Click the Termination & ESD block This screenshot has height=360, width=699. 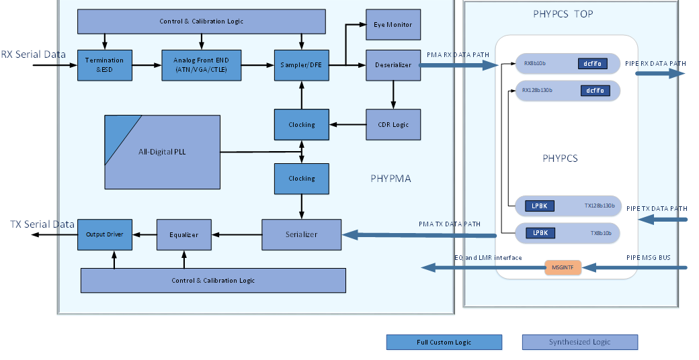(x=105, y=65)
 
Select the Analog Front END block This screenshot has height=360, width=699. (x=202, y=65)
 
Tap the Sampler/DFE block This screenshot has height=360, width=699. (x=301, y=65)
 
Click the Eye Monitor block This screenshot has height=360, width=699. (x=393, y=25)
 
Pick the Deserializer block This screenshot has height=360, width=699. (x=393, y=65)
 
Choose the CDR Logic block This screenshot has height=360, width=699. (x=393, y=124)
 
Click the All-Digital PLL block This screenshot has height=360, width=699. (x=163, y=152)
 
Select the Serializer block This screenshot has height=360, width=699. (x=301, y=234)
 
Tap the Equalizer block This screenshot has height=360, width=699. (x=183, y=234)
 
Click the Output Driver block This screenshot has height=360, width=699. (x=105, y=234)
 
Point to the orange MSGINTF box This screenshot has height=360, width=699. (x=563, y=267)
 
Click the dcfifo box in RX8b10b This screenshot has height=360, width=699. (x=593, y=64)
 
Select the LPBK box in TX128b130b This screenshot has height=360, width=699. (x=540, y=206)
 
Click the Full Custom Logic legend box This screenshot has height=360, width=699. (x=444, y=343)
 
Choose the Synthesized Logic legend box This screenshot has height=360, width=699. (x=579, y=343)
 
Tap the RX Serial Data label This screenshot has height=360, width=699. (x=34, y=54)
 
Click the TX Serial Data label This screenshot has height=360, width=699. (x=42, y=224)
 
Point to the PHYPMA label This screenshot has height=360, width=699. (x=390, y=179)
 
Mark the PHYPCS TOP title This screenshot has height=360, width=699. (x=563, y=13)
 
